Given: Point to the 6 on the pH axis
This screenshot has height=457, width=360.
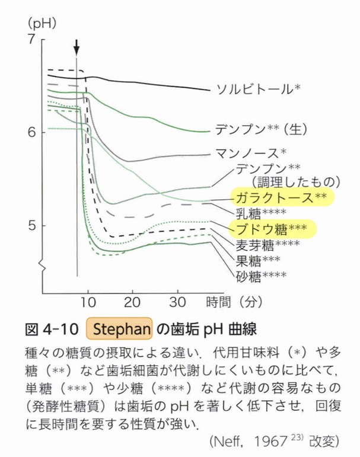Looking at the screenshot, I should (33, 132).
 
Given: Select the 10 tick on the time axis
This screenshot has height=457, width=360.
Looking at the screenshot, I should (88, 302).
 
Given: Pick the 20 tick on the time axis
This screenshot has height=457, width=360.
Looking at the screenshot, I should (133, 302).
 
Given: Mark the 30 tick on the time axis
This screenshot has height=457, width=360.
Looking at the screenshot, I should (178, 302).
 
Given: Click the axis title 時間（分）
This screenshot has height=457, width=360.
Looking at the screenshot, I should (234, 302).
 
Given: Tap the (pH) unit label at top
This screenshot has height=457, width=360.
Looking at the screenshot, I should (41, 24).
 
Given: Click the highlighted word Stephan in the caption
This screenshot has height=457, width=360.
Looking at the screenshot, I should (120, 328).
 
